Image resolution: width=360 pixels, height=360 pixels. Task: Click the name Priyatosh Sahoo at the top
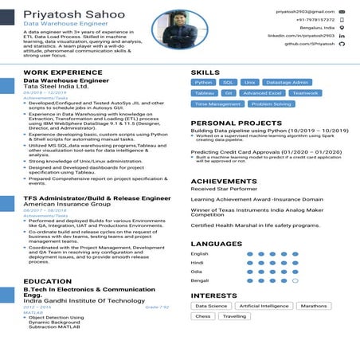click(x=74, y=14)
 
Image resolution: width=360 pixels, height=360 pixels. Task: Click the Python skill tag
click(x=204, y=82)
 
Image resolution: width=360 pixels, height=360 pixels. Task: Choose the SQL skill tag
click(x=228, y=82)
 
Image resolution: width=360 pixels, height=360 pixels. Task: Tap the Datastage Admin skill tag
click(x=287, y=82)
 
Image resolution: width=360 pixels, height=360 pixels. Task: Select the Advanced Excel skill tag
click(x=262, y=93)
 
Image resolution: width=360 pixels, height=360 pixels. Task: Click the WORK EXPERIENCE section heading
click(x=63, y=72)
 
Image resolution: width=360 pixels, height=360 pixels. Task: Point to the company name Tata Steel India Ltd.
click(x=56, y=87)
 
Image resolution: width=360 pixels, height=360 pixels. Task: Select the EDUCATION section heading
click(x=47, y=281)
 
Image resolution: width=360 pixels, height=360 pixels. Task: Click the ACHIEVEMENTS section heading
click(x=224, y=182)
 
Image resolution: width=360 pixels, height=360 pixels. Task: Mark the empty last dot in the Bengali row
click(x=295, y=280)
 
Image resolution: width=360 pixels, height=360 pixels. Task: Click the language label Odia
click(x=197, y=272)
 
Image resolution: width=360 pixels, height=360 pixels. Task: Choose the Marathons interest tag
click(x=314, y=306)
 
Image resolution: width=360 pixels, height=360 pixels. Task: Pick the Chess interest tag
click(x=203, y=316)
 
